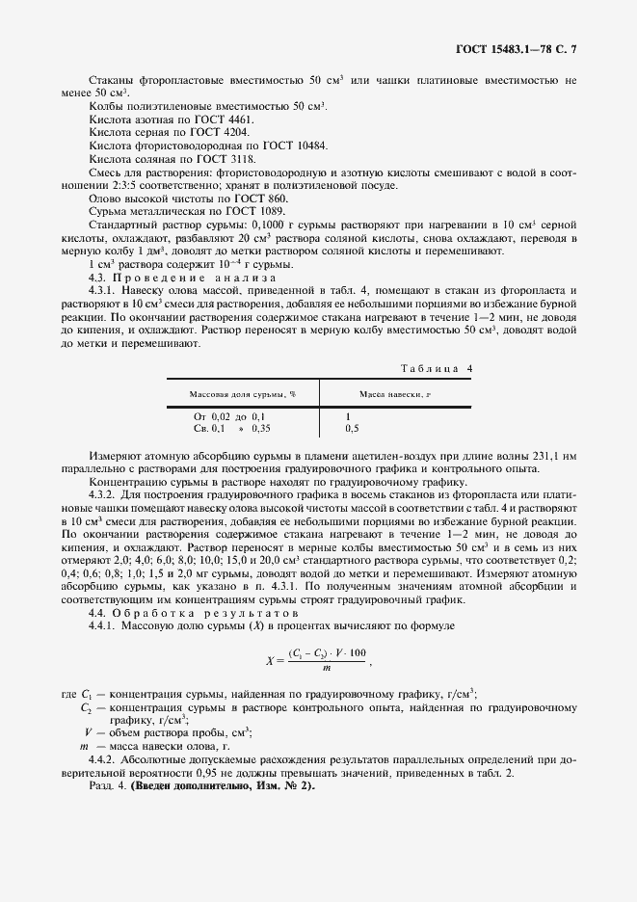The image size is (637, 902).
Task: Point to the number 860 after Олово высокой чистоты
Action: [275, 198]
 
